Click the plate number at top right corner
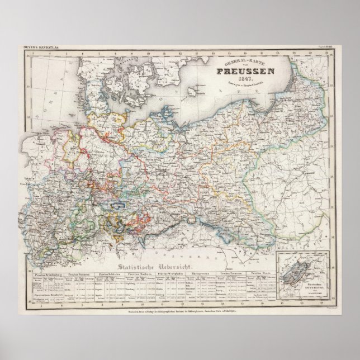click(326, 47)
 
